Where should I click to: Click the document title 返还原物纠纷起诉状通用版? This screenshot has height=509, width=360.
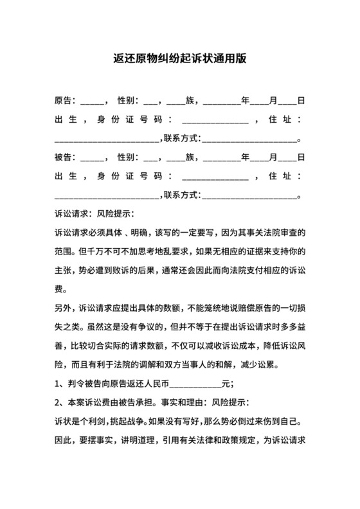point(179,60)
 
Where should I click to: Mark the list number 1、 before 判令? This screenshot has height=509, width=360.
point(60,385)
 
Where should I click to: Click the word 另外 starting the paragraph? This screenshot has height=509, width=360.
point(63,290)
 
